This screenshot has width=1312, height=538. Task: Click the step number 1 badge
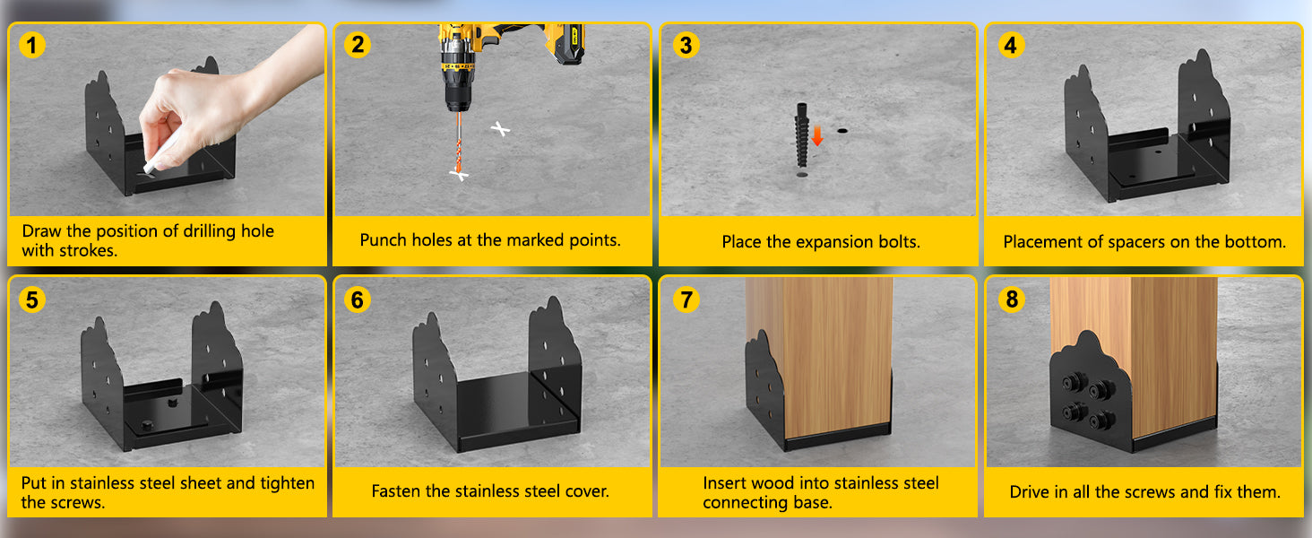(31, 45)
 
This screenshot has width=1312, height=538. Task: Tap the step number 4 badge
(1010, 45)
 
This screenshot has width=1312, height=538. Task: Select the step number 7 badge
(686, 299)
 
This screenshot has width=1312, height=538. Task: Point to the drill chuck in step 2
(457, 96)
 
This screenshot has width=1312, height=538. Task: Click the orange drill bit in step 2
(459, 142)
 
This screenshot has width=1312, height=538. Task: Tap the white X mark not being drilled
(499, 129)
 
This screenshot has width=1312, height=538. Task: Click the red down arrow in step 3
(817, 136)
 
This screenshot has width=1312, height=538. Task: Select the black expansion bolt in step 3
(802, 135)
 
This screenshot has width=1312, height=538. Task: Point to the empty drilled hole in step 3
(842, 131)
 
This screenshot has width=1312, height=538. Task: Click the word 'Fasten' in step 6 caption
(396, 490)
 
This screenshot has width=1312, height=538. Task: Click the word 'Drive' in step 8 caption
(1029, 491)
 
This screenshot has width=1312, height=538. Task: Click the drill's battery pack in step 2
(565, 43)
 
